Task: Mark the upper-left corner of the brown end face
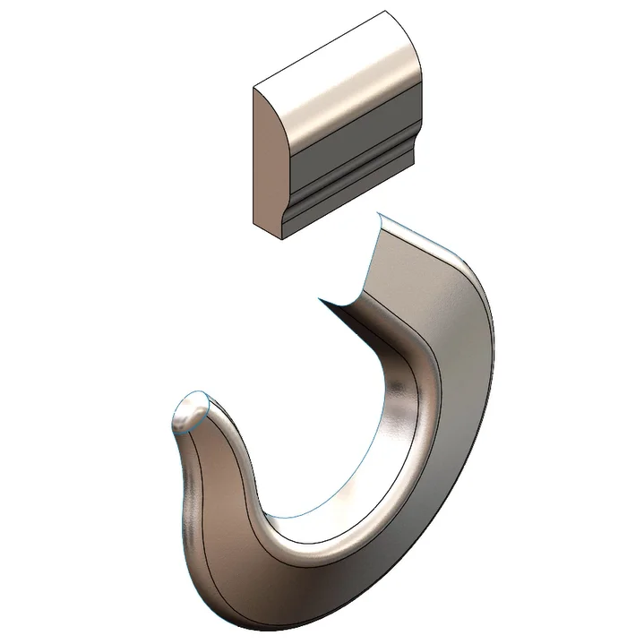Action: coord(254,87)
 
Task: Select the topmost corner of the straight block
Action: coord(386,11)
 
